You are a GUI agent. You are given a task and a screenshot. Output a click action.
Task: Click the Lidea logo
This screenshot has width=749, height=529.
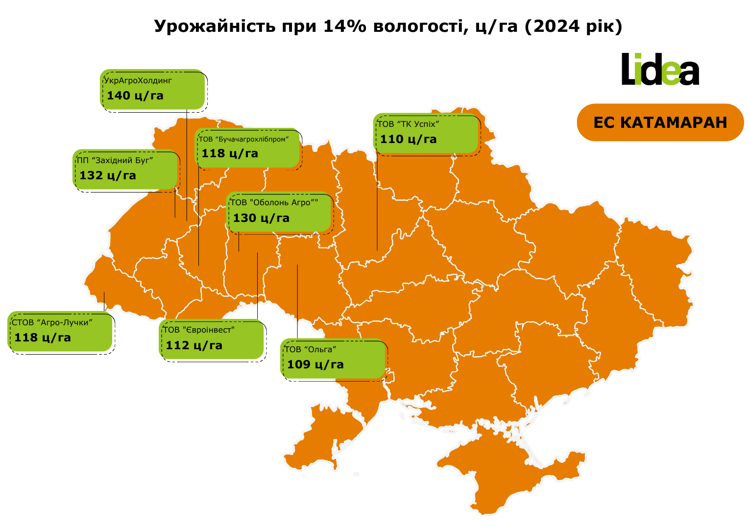[660, 70]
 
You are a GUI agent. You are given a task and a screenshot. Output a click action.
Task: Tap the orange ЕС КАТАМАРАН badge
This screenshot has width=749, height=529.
[660, 122]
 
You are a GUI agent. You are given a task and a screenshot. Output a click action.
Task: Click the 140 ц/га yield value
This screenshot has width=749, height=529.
[135, 96]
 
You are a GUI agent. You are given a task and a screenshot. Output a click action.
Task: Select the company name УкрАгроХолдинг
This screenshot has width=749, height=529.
[138, 80]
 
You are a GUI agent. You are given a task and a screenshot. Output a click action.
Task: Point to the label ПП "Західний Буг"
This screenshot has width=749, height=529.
[115, 160]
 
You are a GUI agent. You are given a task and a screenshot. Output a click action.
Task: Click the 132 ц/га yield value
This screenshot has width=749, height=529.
[108, 175]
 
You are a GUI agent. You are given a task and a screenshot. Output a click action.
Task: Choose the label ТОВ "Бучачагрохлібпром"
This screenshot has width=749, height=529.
[243, 139]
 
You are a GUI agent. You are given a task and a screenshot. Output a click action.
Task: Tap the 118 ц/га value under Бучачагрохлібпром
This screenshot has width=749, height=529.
[230, 153]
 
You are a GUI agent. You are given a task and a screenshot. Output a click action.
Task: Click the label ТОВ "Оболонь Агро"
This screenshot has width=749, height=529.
[274, 203]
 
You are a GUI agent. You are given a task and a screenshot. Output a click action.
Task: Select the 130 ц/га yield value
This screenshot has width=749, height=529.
[261, 218]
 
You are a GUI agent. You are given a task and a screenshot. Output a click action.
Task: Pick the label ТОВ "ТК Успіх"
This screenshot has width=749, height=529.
[408, 124]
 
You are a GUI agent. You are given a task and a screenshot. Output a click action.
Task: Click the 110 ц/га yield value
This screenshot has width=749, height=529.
[408, 139]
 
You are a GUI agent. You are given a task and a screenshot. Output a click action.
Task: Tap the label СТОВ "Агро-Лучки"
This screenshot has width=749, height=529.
[52, 322]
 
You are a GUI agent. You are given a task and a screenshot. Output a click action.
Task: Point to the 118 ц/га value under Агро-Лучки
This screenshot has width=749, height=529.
[43, 337]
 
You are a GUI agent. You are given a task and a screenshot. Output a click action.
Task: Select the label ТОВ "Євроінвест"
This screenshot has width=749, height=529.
[199, 330]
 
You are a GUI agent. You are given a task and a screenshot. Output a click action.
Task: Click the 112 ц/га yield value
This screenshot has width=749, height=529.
[194, 345]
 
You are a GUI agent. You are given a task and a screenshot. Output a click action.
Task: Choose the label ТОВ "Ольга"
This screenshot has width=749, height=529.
[311, 349]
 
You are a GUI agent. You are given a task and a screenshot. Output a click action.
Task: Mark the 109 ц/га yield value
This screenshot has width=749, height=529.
[315, 364]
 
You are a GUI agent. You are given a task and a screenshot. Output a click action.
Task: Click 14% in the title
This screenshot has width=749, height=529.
[344, 26]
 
